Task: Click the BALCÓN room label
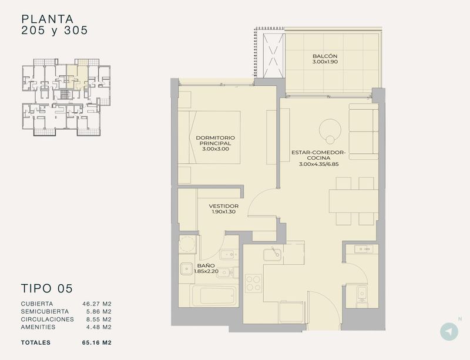(x=325, y=56)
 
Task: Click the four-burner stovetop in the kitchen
(x=253, y=283)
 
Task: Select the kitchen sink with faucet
(x=272, y=254)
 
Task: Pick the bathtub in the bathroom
(x=214, y=296)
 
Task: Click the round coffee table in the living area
(x=330, y=131)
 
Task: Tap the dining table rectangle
(x=354, y=201)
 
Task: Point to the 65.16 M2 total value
(x=97, y=342)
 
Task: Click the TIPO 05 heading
(x=47, y=288)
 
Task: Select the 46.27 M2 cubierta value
(x=97, y=304)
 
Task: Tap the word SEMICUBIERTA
(x=45, y=311)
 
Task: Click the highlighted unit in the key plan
(x=77, y=77)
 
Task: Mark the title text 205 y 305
(x=55, y=31)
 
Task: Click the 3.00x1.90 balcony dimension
(x=325, y=62)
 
